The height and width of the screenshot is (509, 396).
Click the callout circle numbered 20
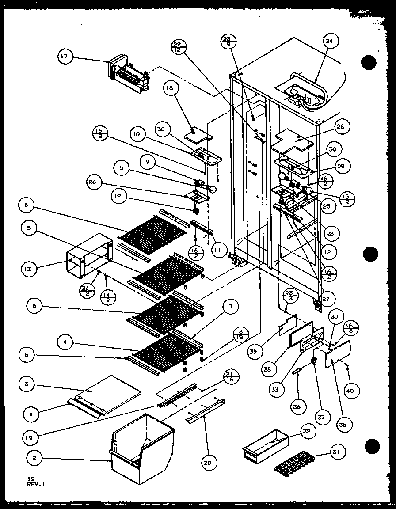pos(207,463)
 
